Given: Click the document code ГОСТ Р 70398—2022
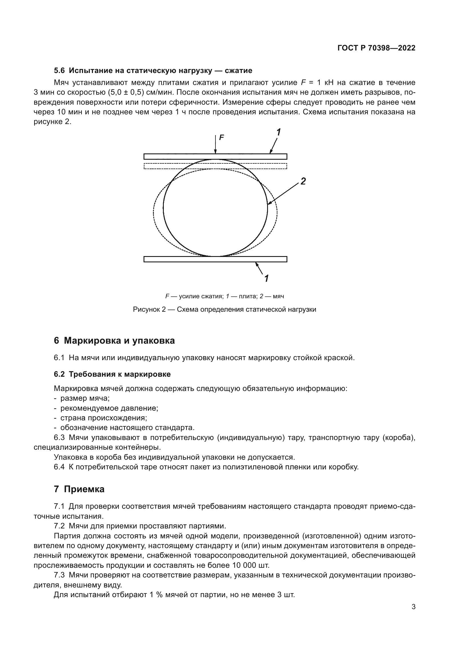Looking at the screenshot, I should pyautogui.click(x=376, y=48).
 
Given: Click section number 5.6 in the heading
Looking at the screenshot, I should pyautogui.click(x=60, y=71).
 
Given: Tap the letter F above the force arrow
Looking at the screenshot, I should pyautogui.click(x=221, y=137).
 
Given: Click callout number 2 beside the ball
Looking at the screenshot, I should pyautogui.click(x=303, y=182).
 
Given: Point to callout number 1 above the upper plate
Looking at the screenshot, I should pyautogui.click(x=279, y=133).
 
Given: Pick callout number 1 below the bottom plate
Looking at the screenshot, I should pyautogui.click(x=266, y=279).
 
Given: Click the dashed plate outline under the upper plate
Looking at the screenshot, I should pyautogui.click(x=215, y=166).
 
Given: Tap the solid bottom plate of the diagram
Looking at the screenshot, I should pyautogui.click(x=215, y=259).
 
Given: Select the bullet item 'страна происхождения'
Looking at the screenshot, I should pyautogui.click(x=104, y=418).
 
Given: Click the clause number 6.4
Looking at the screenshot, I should pyautogui.click(x=59, y=467).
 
